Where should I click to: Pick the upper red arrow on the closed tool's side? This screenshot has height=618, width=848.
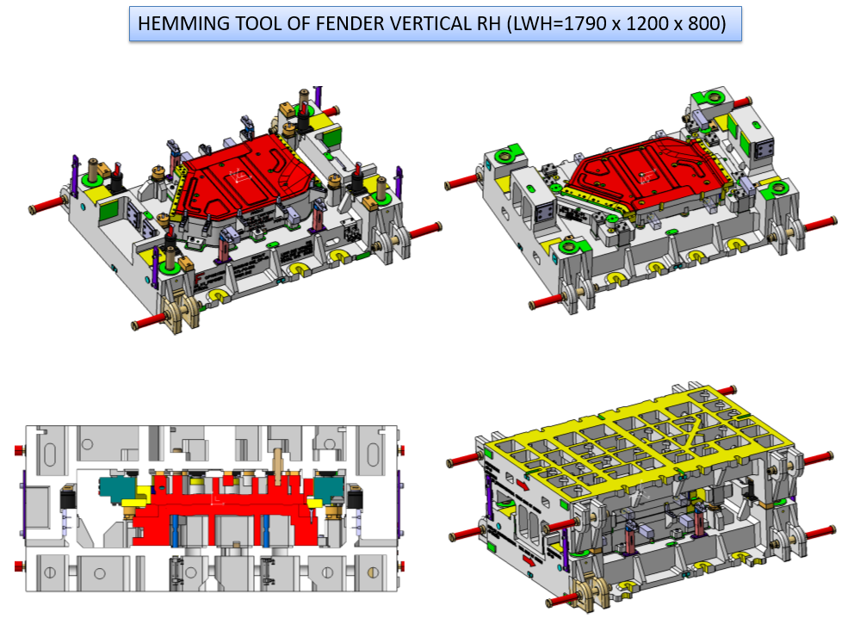(x=523, y=484)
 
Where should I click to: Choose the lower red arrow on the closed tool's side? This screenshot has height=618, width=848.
(x=529, y=561)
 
